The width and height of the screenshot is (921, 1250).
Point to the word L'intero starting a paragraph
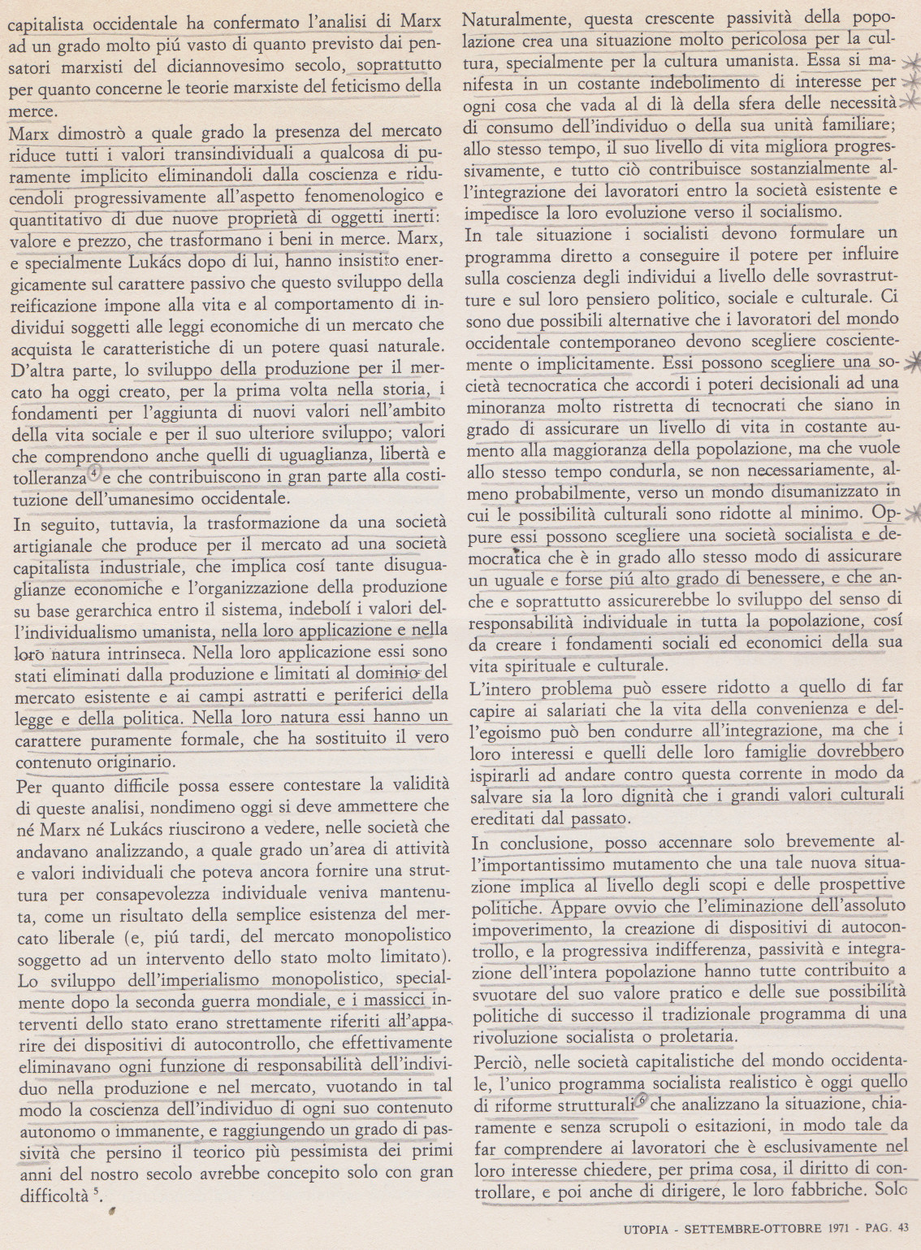[x=501, y=688]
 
